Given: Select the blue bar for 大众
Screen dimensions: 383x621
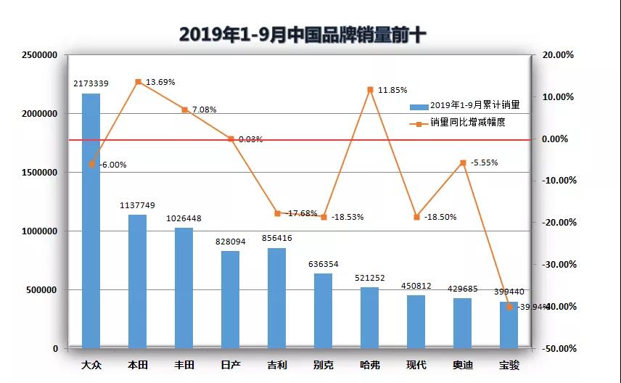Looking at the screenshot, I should (x=91, y=232).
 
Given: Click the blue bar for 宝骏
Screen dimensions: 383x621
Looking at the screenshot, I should (x=509, y=325).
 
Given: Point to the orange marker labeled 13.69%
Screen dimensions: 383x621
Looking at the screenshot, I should (x=138, y=82).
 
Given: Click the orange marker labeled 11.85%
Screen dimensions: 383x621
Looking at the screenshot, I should (x=370, y=90).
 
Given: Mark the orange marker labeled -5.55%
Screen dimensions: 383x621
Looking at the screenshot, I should (x=463, y=162).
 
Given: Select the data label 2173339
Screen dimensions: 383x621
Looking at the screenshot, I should (x=91, y=84).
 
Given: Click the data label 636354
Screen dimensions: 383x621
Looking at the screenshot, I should (x=323, y=264).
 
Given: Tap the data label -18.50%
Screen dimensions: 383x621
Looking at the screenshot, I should (x=440, y=217).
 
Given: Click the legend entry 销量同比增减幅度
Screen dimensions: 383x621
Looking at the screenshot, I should (x=467, y=123).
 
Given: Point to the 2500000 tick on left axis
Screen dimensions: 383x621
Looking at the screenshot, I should (x=41, y=55).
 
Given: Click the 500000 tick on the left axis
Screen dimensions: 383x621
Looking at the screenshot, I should (x=43, y=290).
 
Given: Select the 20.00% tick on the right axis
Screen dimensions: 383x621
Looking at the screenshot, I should (x=558, y=55).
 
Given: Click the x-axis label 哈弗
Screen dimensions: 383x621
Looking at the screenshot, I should (x=370, y=364).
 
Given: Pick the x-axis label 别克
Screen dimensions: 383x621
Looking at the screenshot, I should (x=324, y=364).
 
